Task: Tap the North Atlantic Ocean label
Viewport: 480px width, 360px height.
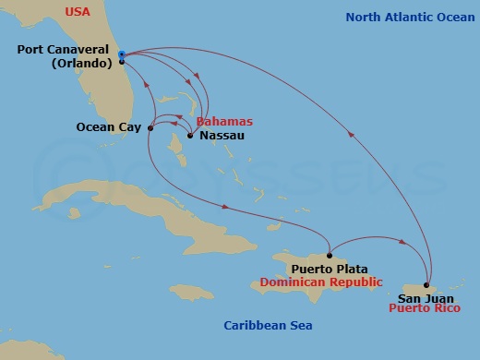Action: coord(404,18)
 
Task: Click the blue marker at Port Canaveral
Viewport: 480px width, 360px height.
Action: coord(122,54)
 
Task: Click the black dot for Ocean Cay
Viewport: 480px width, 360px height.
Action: coord(150,128)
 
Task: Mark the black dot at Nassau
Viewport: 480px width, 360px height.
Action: coord(189,137)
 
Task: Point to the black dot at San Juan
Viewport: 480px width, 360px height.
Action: coord(426,284)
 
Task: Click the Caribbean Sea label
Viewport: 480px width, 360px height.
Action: coord(269,325)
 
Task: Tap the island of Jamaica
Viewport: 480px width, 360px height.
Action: coord(198,293)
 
